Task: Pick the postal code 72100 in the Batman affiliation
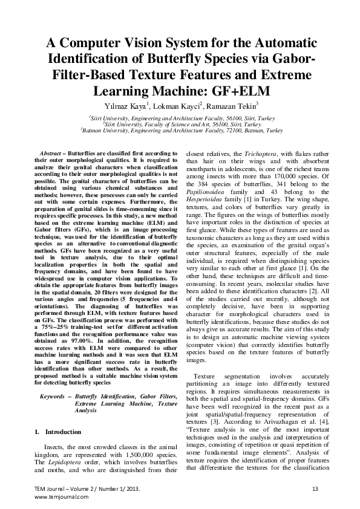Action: (237, 130)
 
